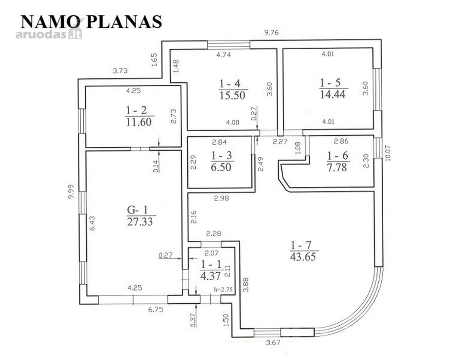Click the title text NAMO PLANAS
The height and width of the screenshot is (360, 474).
coord(91,22)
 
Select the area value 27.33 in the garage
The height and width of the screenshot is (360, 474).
coord(140,222)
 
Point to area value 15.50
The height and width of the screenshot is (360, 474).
coord(232,96)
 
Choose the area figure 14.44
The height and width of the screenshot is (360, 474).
coord(333,94)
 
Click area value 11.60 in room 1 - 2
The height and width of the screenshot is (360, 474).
coord(139,122)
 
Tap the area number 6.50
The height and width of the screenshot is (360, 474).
coord(221,167)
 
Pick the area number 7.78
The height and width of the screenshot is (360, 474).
coord(337,167)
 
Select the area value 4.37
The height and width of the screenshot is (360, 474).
coord(211,276)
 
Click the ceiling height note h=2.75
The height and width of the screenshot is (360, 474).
coord(223,289)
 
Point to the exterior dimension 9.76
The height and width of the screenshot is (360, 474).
coord(271,33)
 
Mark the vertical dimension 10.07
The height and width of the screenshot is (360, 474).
coord(388,153)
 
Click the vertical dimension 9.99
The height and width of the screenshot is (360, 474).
coord(71,192)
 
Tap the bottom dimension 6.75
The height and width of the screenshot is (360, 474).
coord(156,310)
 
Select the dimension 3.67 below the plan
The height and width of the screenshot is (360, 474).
coord(273,342)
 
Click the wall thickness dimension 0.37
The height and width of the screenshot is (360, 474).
coord(193,320)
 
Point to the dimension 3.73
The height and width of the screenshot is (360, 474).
coord(121,71)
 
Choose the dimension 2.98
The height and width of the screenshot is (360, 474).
coord(221,198)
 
